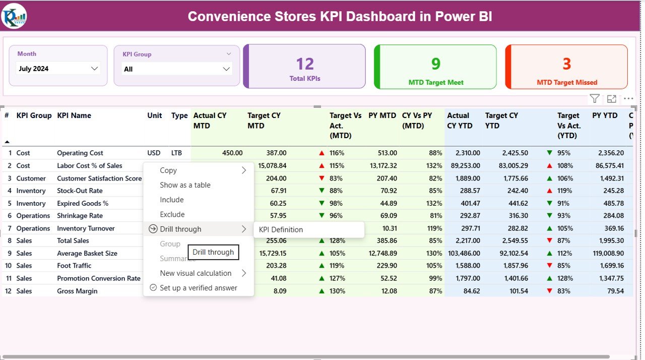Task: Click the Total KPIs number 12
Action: [305, 64]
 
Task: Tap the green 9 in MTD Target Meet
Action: [436, 64]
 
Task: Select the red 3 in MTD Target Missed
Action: [567, 64]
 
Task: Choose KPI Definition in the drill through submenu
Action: [281, 229]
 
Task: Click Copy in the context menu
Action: [168, 170]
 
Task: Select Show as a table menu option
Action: [185, 185]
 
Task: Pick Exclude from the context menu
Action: [172, 214]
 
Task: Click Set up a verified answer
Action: [198, 288]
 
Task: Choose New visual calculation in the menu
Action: [196, 273]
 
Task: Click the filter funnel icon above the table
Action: [595, 99]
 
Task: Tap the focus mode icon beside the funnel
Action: [612, 99]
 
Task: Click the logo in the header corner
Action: [14, 16]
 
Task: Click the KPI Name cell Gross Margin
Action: [77, 291]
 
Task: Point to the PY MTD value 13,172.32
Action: [383, 165]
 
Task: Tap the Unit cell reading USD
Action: [154, 153]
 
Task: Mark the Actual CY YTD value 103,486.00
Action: [464, 253]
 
